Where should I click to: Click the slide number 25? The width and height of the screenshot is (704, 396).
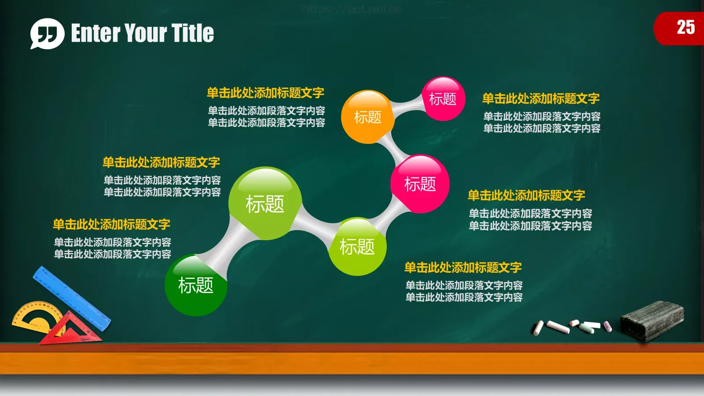pos(686,27)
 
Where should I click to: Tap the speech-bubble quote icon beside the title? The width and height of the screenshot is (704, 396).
pos(47,33)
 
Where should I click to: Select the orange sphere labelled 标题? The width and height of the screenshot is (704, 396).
pos(367,117)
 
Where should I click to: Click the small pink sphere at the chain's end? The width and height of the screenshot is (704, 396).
pos(443,99)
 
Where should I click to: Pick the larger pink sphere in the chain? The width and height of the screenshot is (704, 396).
pos(420,184)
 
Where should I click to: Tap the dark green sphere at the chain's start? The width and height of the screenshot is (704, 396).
pos(196,285)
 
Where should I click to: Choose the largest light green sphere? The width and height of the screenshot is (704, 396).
pos(265,204)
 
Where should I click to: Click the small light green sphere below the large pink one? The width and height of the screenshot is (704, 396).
pos(357,246)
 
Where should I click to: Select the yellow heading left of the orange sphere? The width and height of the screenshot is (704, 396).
pos(265,93)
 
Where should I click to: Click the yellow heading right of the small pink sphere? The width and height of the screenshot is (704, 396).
pos(541,99)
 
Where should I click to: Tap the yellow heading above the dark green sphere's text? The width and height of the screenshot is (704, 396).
pos(111,224)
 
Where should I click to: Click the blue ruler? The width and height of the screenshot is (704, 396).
pos(73,299)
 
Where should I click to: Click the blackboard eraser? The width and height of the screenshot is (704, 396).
pos(652,320)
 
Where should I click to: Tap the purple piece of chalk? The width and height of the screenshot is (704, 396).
pos(607,326)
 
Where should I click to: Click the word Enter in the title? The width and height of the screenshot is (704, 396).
pos(95,33)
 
